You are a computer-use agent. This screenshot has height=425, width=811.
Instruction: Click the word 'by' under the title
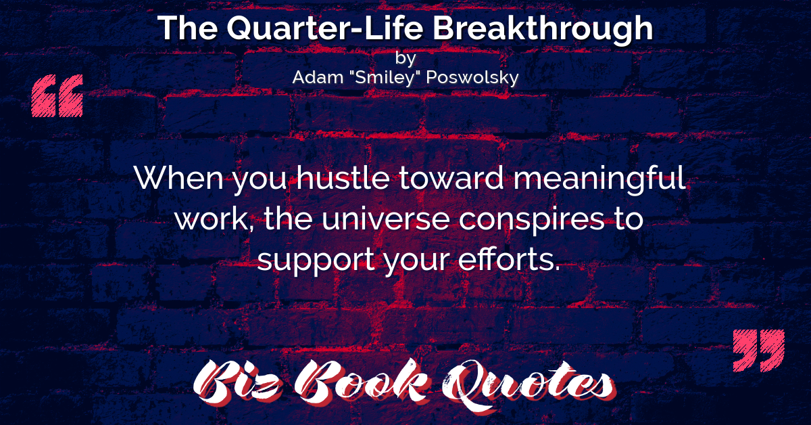405,58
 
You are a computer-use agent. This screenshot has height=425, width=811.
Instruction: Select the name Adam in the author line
318,77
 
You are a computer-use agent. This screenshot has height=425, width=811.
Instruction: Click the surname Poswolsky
472,78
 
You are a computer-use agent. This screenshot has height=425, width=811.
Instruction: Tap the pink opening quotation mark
57,95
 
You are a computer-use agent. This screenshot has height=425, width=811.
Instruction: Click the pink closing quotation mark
759,351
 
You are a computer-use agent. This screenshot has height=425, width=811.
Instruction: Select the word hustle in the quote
343,178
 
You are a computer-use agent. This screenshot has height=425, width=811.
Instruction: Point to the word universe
386,220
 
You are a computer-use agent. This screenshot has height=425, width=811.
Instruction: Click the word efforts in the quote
509,259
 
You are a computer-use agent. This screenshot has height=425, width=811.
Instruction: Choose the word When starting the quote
179,178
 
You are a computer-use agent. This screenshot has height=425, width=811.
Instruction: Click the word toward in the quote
451,178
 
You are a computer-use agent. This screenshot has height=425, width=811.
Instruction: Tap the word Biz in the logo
238,383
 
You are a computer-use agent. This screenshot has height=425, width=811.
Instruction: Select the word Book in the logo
362,382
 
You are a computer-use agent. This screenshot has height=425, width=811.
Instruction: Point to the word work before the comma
211,219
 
